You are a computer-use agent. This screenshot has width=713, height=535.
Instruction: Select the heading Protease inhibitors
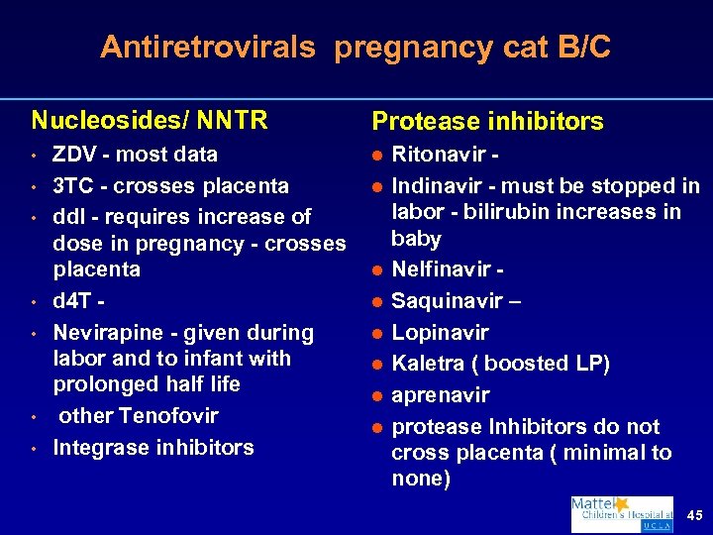click(487, 122)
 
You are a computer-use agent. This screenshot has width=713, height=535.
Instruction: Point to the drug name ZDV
click(75, 155)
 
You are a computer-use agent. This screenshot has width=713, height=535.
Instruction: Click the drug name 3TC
click(73, 185)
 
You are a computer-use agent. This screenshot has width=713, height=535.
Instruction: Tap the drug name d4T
click(72, 301)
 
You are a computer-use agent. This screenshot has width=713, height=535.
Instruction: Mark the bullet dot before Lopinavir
click(377, 333)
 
